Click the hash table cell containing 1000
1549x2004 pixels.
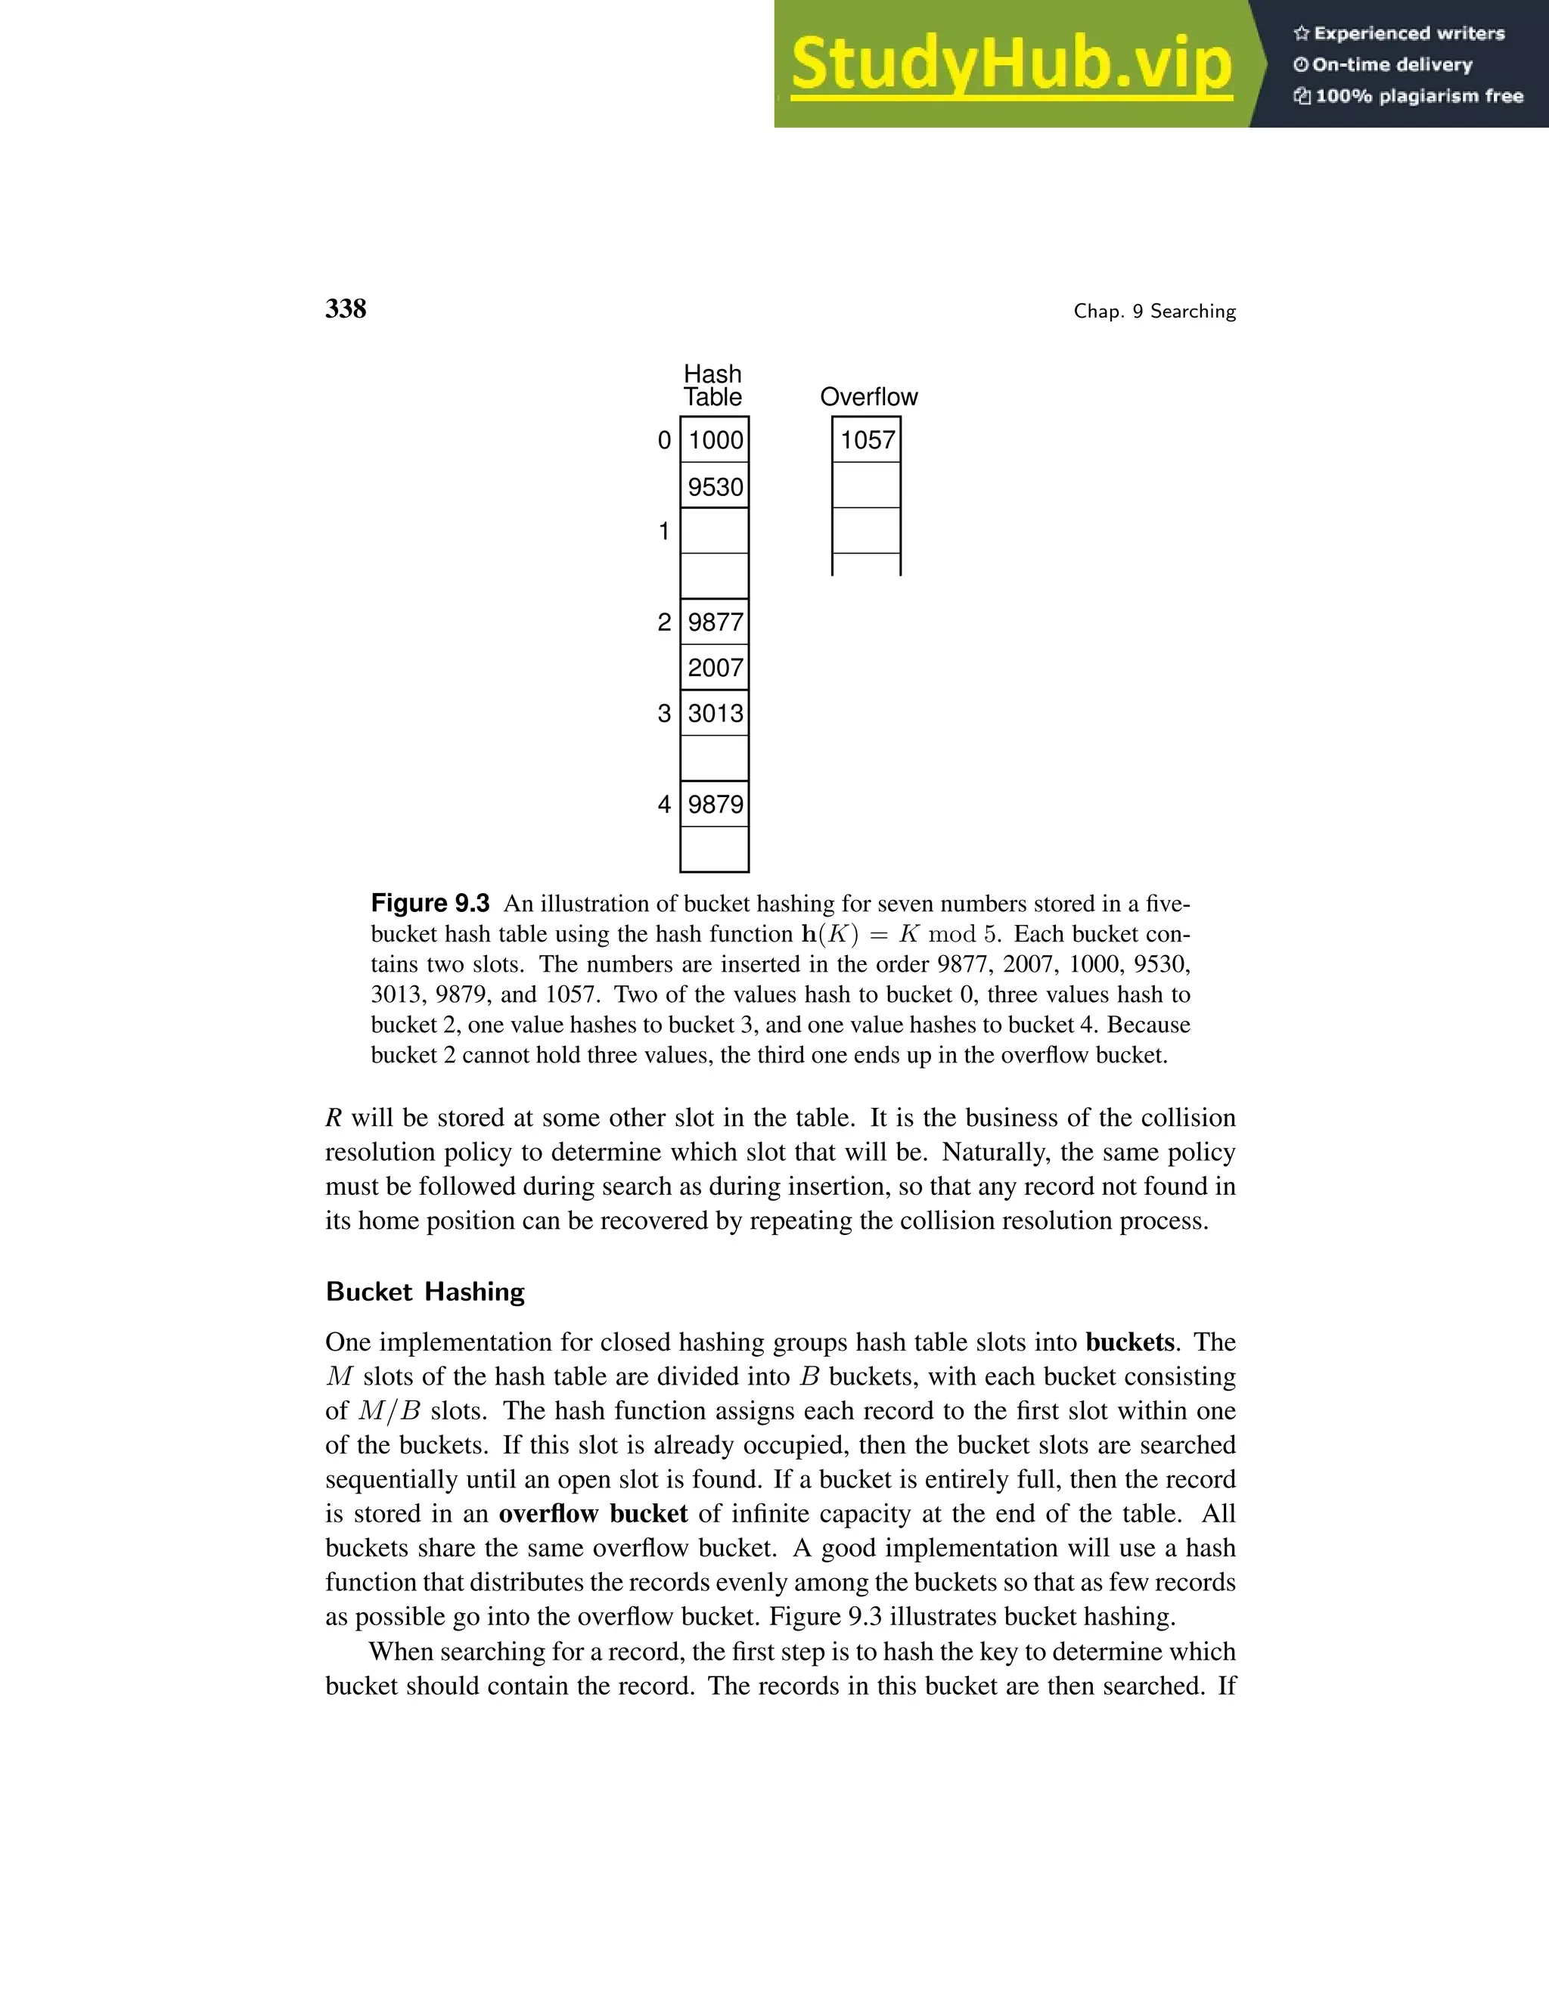click(x=715, y=439)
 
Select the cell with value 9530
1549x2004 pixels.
click(x=715, y=486)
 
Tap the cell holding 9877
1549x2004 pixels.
click(x=715, y=622)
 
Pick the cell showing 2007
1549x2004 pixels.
click(x=715, y=667)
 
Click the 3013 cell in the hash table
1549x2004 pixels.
click(x=715, y=713)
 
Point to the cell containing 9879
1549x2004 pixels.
click(x=715, y=804)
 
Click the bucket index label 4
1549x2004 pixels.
click(x=664, y=805)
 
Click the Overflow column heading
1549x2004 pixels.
click(x=868, y=396)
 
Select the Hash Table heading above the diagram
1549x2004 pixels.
click(x=713, y=386)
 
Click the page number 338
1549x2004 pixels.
click(x=346, y=309)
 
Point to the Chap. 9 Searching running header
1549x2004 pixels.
click(x=1154, y=311)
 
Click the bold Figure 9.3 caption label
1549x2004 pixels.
click(x=430, y=903)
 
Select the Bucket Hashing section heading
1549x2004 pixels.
click(x=425, y=1292)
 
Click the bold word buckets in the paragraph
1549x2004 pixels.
click(x=1128, y=1342)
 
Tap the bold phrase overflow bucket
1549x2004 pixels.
click(x=593, y=1513)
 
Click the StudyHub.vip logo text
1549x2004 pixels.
click(x=1010, y=64)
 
